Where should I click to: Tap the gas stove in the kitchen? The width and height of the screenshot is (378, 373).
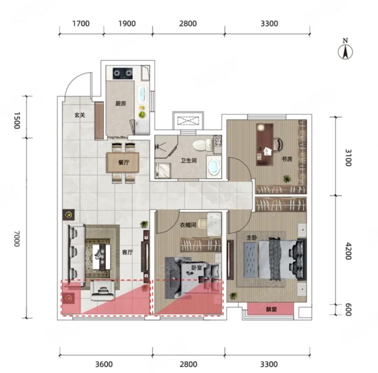(x=123, y=73)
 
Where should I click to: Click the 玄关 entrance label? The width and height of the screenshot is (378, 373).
(x=80, y=115)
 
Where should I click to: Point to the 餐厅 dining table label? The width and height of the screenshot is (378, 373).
(x=124, y=162)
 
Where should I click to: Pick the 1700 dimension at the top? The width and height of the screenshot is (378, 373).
(x=81, y=24)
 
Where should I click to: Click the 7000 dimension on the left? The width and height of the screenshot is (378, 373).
(x=17, y=238)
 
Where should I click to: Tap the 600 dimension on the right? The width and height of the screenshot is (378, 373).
(x=348, y=309)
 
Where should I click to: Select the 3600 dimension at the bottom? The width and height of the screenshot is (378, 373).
(x=104, y=364)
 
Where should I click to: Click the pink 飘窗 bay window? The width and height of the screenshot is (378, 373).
(x=270, y=309)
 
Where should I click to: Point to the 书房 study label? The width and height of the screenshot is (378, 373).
(x=287, y=159)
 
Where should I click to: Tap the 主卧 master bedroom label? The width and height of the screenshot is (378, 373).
(x=251, y=238)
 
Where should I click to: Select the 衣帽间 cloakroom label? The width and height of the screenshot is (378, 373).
(x=188, y=225)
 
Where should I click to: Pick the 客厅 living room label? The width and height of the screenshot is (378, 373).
(x=127, y=252)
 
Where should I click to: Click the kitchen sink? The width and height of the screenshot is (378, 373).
(x=142, y=94)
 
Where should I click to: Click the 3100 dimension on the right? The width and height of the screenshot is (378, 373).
(x=348, y=157)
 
